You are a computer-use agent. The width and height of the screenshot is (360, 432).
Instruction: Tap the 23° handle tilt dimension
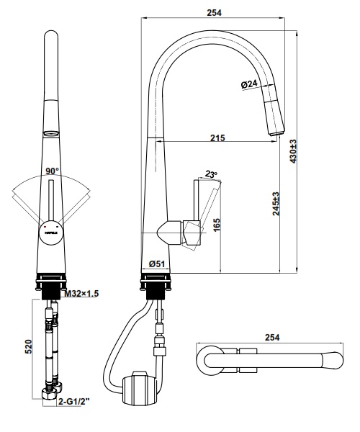pos(210,174)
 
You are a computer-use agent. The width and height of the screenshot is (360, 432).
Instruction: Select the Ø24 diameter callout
pos(248,84)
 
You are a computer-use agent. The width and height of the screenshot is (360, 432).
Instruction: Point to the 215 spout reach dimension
pos(217,138)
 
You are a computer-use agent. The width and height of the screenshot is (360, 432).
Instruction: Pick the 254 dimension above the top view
pos(272,338)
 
